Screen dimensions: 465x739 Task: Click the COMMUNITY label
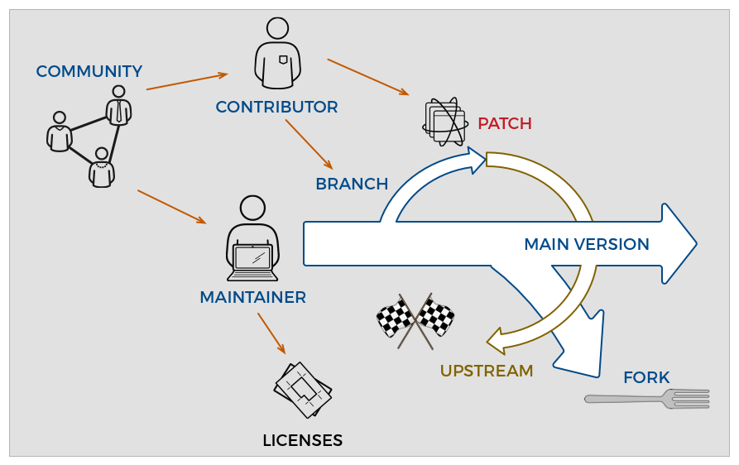click(x=89, y=72)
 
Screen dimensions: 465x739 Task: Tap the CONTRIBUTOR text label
click(x=276, y=108)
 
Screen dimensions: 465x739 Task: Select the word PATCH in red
click(x=504, y=124)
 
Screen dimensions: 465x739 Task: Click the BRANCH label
click(x=352, y=185)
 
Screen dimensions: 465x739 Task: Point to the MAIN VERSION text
click(x=586, y=245)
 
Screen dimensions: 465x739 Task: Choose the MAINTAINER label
click(x=252, y=297)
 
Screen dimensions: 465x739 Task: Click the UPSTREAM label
click(x=486, y=372)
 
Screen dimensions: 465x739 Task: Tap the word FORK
click(x=645, y=378)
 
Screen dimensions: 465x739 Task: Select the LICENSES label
click(x=302, y=441)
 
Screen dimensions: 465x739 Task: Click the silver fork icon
click(x=647, y=399)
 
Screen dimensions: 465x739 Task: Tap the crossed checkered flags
click(x=415, y=319)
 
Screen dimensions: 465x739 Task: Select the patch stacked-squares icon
click(x=444, y=122)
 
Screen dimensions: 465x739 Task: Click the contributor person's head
click(x=278, y=28)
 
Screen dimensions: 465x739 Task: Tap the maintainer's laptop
click(x=252, y=261)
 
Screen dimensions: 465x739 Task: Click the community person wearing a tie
click(x=118, y=105)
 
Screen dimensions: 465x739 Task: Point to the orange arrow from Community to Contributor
click(x=186, y=81)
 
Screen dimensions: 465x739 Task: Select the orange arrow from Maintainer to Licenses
click(x=271, y=333)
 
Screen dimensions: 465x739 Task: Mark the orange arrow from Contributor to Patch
click(x=367, y=76)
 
